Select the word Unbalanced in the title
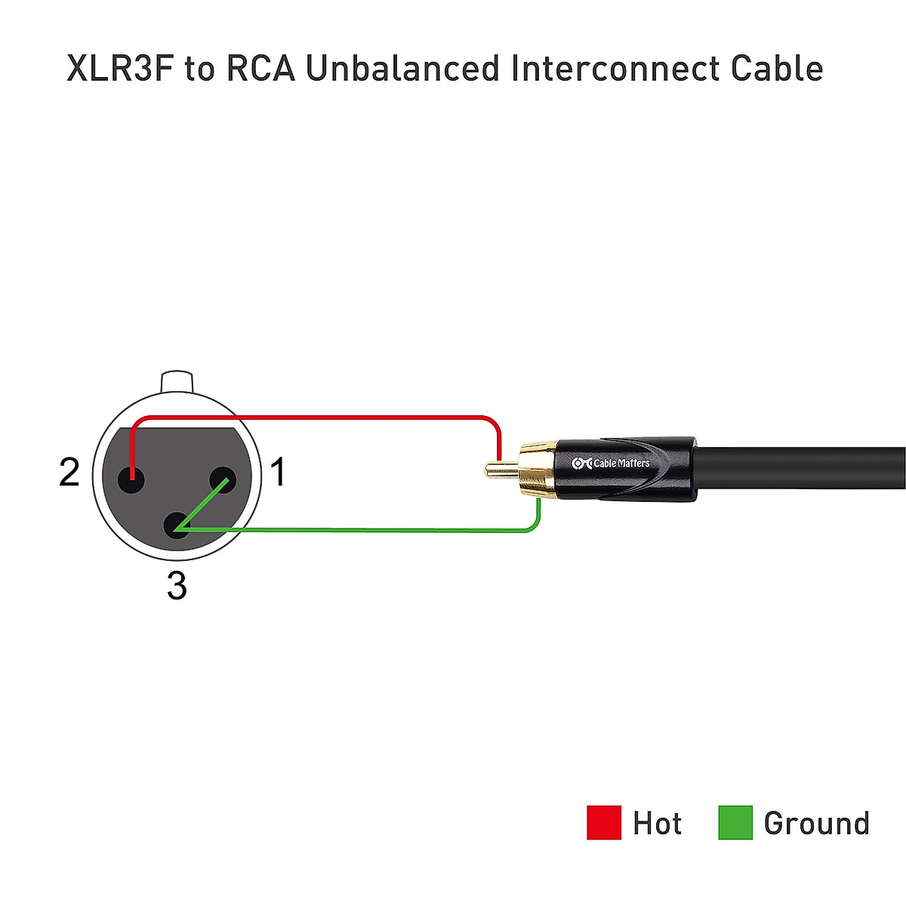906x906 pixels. point(403,68)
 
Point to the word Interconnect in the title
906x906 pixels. point(615,68)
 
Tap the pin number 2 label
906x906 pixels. point(69,473)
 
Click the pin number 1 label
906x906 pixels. point(278,473)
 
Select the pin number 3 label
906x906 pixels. point(177,586)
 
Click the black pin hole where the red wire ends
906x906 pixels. point(131,478)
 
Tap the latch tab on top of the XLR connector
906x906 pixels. point(178,381)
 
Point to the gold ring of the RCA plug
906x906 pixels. point(537,469)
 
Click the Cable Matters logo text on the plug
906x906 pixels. point(612,463)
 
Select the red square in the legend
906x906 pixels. point(603,822)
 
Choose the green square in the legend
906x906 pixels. point(735,822)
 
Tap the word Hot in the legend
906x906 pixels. point(657,823)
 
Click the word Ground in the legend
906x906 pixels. point(816,823)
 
